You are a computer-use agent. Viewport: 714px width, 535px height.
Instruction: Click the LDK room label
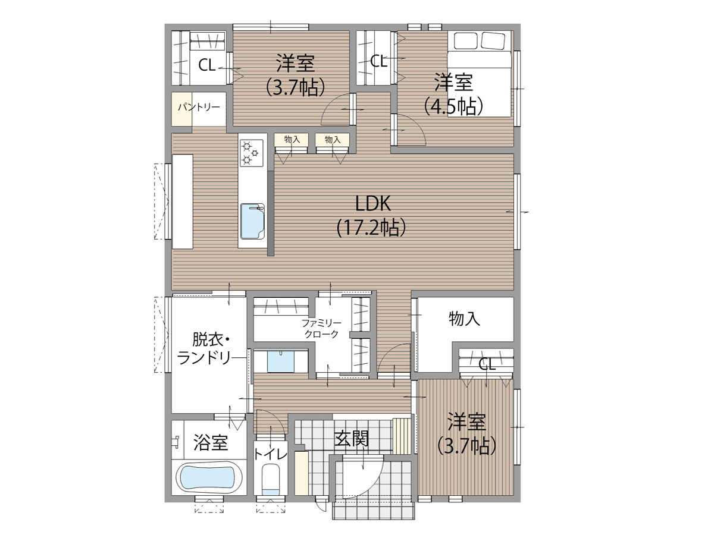click(x=372, y=204)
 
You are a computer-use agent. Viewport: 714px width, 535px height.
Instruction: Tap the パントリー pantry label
click(x=199, y=107)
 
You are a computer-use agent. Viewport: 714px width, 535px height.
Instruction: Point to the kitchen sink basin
click(x=252, y=222)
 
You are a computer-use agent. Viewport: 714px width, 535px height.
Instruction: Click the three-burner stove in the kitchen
click(x=252, y=153)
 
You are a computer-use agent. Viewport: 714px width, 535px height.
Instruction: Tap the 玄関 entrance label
click(x=352, y=439)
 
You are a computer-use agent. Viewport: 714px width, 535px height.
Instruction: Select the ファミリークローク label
click(x=321, y=329)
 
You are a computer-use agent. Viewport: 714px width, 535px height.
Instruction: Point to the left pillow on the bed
click(x=465, y=41)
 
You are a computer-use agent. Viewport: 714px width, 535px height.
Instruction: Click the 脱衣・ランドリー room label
click(x=203, y=349)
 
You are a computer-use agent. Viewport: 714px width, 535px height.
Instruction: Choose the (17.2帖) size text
click(x=371, y=228)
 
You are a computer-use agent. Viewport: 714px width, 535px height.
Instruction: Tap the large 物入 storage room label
click(x=465, y=319)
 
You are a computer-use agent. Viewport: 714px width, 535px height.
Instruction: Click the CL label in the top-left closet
click(x=207, y=65)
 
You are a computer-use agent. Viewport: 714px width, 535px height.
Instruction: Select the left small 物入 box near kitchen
click(x=291, y=140)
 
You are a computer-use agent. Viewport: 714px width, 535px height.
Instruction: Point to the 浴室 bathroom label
click(x=211, y=442)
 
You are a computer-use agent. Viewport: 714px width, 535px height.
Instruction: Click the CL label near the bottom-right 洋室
click(x=487, y=364)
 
